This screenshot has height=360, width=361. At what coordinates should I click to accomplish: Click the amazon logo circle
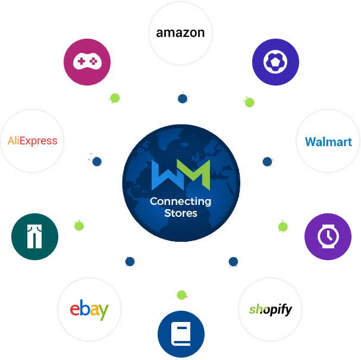point(180,33)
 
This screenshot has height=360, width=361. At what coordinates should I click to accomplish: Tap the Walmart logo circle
point(328,142)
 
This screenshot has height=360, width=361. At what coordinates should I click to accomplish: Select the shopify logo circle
point(270,310)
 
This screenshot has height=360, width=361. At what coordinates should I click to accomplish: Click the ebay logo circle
point(89,310)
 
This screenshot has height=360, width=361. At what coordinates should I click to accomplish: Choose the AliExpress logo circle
point(33,141)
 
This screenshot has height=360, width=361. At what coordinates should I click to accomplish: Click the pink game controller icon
point(87,62)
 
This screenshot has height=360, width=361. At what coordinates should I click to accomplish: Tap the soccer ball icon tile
point(275,62)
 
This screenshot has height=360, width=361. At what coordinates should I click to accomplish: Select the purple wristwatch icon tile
point(328,236)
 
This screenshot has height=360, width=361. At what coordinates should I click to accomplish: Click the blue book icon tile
point(181,334)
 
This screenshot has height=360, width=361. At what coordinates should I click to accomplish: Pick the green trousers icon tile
point(34,236)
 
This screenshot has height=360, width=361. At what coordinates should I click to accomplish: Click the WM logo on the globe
point(181,173)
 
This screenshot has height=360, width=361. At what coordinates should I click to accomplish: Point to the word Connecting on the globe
point(181,202)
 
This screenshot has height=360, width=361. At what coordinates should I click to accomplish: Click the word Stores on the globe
point(181,213)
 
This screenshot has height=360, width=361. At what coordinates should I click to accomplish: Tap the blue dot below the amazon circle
point(183,98)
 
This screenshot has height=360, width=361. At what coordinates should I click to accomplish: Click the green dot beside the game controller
point(115,97)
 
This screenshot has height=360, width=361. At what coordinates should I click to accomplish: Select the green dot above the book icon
point(181,295)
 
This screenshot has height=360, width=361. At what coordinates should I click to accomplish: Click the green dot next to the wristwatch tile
point(282,226)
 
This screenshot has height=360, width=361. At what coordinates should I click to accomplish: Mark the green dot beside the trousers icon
point(79,225)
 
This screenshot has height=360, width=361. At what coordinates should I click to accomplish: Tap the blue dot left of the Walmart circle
point(266,161)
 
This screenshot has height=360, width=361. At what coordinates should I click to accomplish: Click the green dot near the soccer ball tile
point(249,102)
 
